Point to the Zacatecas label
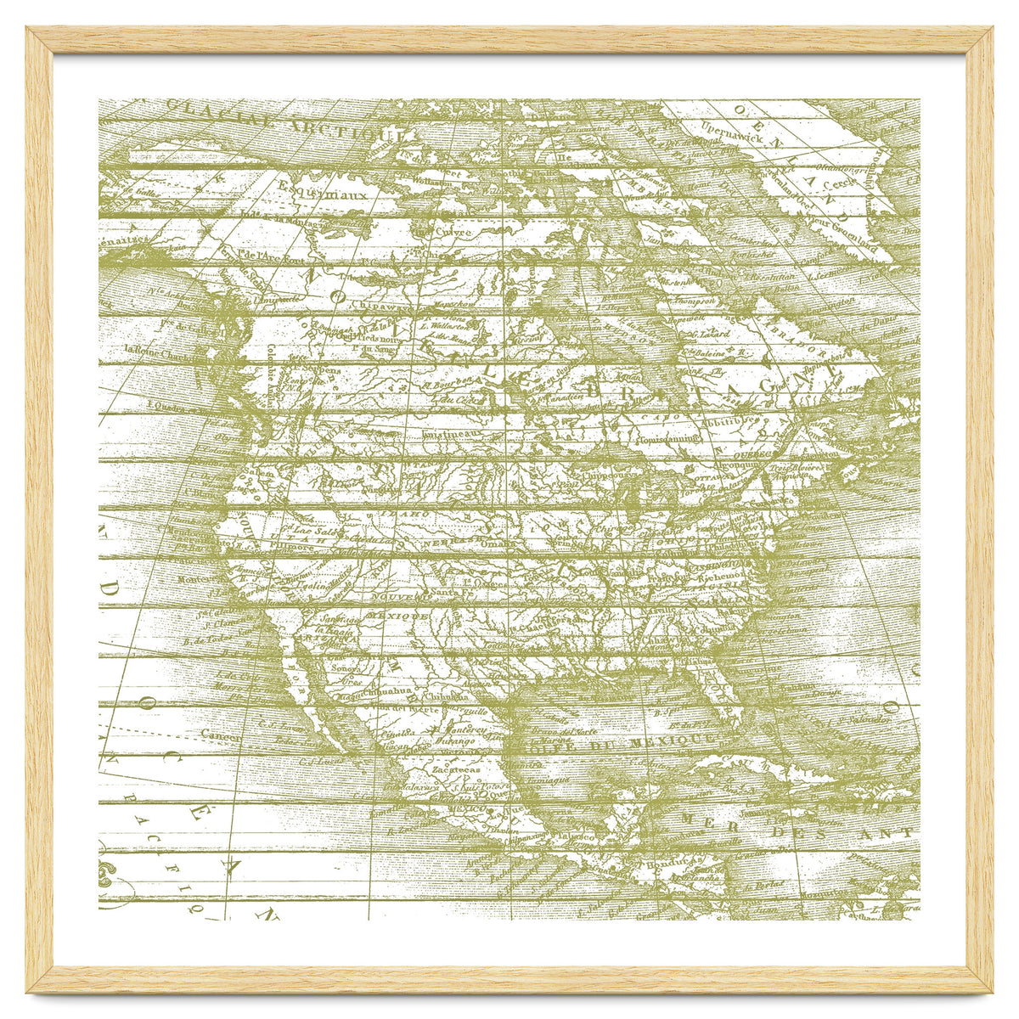[x=455, y=770]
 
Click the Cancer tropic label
[x=221, y=735]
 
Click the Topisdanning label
[x=667, y=438]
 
